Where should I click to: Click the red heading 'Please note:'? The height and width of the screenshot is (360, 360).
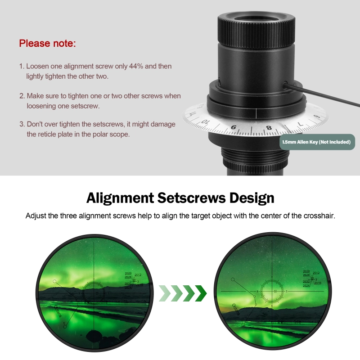click(47, 44)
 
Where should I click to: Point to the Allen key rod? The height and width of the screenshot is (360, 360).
click(324, 95)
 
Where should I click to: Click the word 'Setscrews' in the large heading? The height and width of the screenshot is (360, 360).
click(198, 198)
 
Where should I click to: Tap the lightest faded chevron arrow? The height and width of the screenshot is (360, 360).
click(165, 293)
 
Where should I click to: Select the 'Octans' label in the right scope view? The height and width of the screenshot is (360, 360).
click(236, 309)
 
